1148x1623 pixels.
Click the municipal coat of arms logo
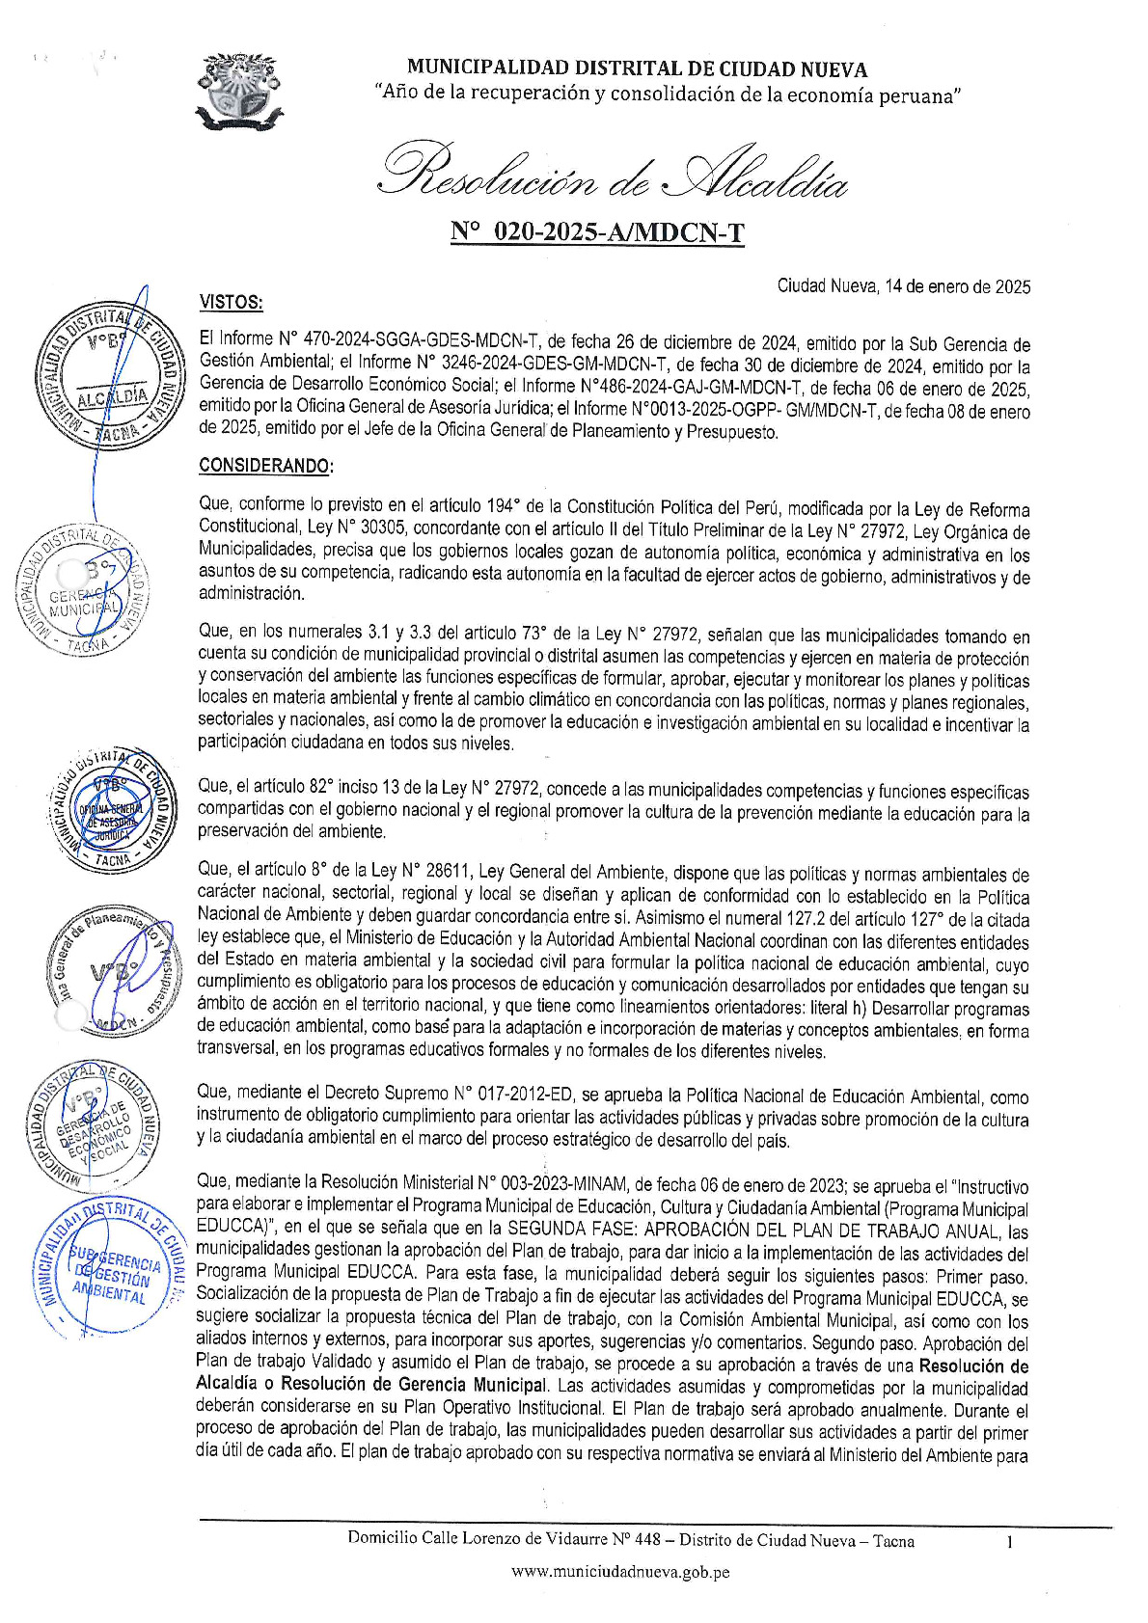click(x=239, y=93)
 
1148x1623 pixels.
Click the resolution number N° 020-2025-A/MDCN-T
click(x=597, y=232)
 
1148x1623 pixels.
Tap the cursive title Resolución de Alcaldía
click(x=615, y=172)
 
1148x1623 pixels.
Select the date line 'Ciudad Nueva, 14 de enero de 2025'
click(x=903, y=286)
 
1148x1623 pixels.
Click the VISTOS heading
click(x=231, y=302)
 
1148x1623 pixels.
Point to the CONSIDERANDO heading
click(x=266, y=466)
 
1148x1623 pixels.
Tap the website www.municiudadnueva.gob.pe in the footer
click(x=619, y=1571)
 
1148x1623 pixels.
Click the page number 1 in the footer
click(x=1009, y=1541)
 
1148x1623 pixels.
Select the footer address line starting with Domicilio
click(x=631, y=1540)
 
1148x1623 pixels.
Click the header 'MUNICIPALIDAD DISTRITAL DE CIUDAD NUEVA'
click(x=637, y=68)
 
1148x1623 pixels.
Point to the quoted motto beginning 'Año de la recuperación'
click(x=668, y=95)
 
